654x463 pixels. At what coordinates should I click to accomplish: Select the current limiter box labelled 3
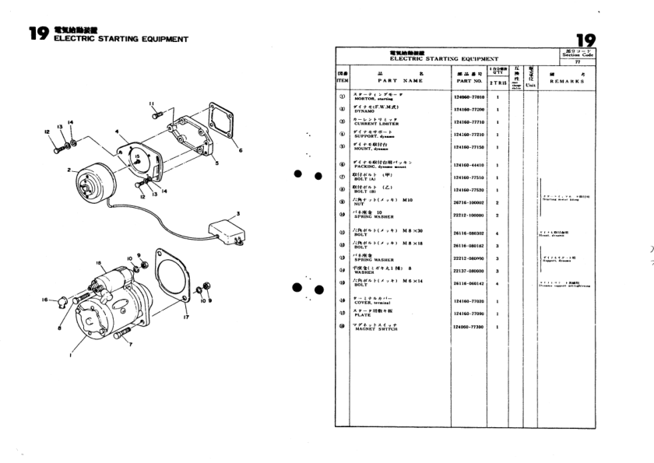[x=227, y=230]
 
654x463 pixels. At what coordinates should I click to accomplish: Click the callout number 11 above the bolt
[x=152, y=103]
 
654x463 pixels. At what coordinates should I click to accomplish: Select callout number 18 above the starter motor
[x=99, y=265]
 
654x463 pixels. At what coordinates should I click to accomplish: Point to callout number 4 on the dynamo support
[x=117, y=132]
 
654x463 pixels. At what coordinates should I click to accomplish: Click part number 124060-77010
[x=469, y=98]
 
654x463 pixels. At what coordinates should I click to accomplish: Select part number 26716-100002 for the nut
[x=469, y=202]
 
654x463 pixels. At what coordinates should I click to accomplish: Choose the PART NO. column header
[x=469, y=80]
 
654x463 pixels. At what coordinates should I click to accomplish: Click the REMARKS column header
[x=568, y=80]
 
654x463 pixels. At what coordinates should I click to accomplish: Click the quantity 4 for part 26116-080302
[x=497, y=233]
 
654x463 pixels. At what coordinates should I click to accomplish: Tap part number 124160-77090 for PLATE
[x=469, y=314]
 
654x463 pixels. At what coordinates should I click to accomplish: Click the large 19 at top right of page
[x=579, y=40]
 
